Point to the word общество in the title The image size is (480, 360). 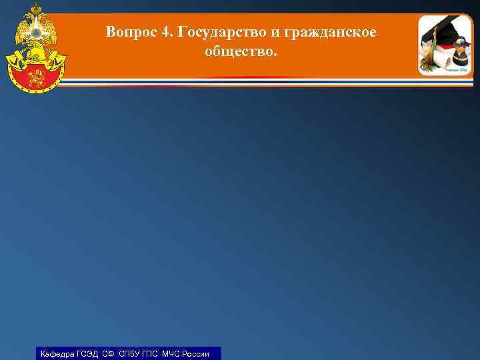pos(237,51)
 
